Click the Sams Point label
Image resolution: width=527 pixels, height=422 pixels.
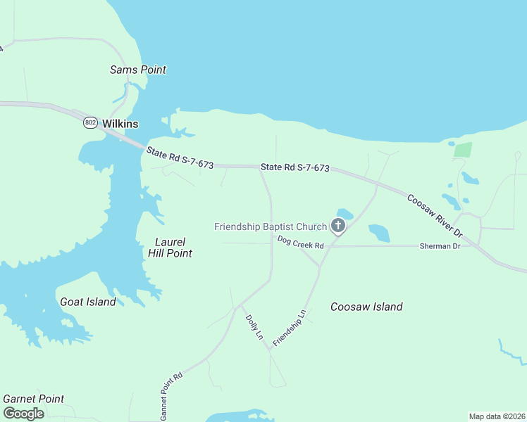pos(138,70)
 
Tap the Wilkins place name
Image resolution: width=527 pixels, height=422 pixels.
pos(120,124)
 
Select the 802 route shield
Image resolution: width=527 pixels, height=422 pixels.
pos(90,123)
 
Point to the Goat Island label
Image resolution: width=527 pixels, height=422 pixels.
pos(87,302)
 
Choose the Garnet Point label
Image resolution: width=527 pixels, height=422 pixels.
pos(33,399)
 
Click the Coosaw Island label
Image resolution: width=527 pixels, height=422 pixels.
pos(366,307)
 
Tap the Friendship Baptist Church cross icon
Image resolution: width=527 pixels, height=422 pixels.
pos(338,226)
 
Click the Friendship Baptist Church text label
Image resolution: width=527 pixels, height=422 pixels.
pos(271,226)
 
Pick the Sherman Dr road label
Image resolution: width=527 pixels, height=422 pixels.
pos(440,246)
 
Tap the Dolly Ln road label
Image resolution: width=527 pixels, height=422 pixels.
pos(254,327)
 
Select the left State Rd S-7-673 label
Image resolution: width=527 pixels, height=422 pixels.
pos(180,157)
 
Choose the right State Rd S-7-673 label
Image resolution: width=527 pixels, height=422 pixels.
pos(295,167)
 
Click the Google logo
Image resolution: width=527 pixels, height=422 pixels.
pos(23,414)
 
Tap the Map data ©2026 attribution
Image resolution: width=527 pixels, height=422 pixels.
pos(497,416)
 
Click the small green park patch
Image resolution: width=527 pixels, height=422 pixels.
pos(462,150)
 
